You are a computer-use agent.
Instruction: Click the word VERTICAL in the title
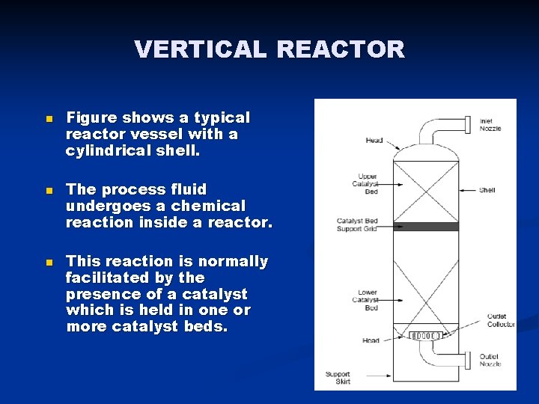click(x=200, y=49)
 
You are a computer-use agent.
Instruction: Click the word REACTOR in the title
click(x=341, y=49)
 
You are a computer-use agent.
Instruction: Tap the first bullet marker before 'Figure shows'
click(x=49, y=120)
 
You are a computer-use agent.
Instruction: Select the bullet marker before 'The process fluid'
click(x=49, y=192)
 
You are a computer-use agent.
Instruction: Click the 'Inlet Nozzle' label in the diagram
click(x=490, y=124)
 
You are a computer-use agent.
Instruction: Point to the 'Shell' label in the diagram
click(x=487, y=190)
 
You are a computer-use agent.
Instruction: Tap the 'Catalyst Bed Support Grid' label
click(x=357, y=224)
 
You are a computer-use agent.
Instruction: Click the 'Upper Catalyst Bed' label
click(x=368, y=184)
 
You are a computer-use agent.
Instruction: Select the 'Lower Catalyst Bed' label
click(x=368, y=300)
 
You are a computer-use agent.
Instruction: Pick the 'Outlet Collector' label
click(x=501, y=320)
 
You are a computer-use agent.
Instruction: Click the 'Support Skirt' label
click(x=337, y=377)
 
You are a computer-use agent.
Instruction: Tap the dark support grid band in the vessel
click(x=425, y=227)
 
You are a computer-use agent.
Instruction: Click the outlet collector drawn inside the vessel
click(x=425, y=335)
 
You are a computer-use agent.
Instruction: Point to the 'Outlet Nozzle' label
click(x=490, y=360)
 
